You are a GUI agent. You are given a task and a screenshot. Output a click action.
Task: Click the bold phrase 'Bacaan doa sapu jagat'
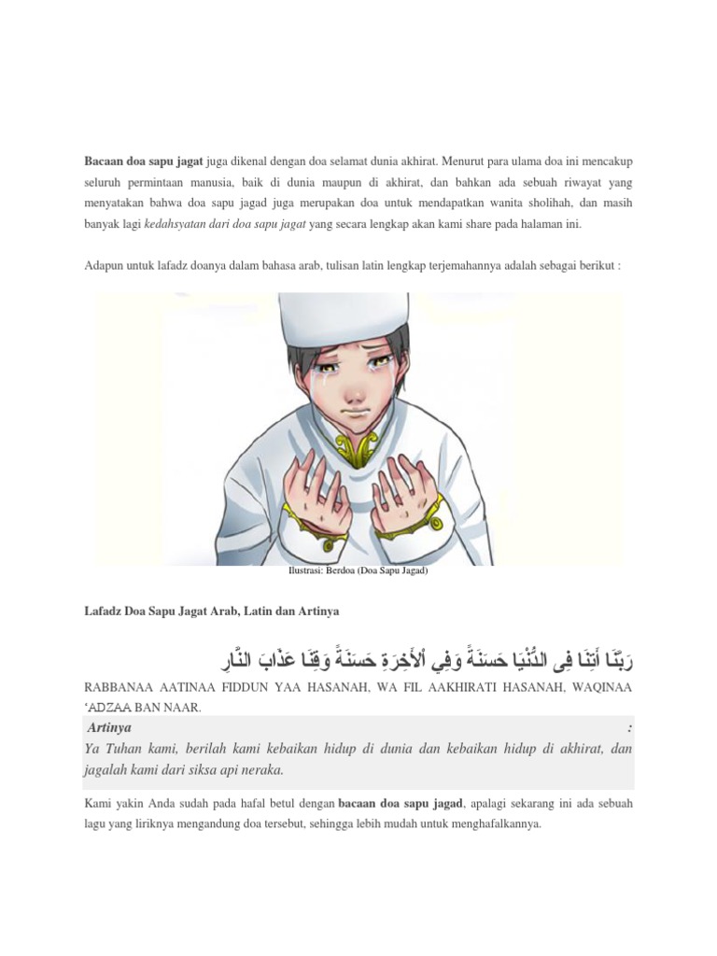pos(143,161)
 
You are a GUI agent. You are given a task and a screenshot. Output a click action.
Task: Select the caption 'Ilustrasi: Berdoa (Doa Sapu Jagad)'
pos(358,571)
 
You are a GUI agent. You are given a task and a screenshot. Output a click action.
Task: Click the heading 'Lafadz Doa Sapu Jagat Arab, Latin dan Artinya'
pos(211,611)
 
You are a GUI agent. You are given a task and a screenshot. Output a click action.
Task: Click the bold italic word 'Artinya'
pos(110,727)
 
